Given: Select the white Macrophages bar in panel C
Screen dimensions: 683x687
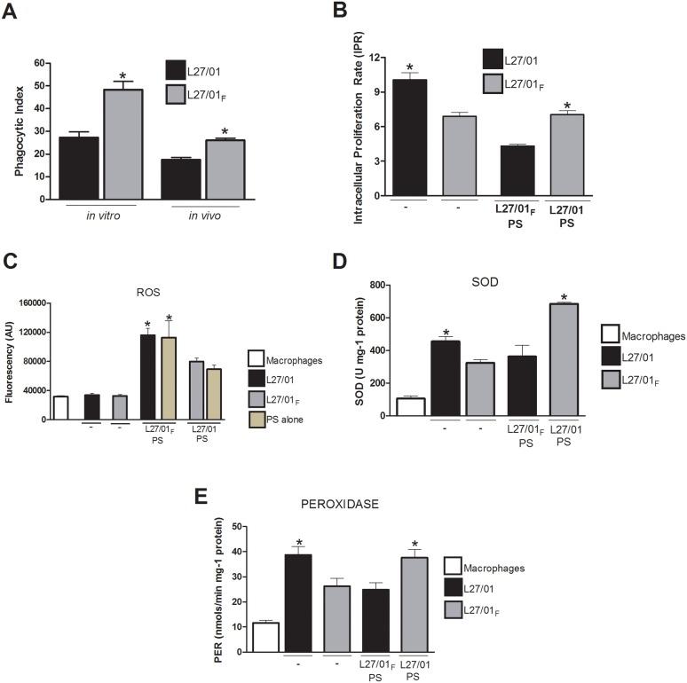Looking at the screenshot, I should [60, 407].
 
